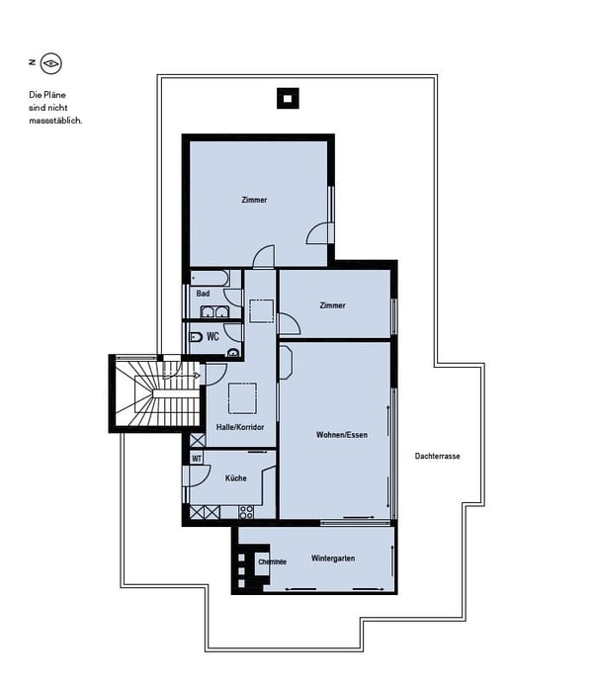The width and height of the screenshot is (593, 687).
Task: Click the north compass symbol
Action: (51, 64)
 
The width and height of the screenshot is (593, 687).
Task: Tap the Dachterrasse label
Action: (437, 456)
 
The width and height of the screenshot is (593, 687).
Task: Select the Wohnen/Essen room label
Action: (342, 435)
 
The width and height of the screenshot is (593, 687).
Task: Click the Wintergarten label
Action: (333, 558)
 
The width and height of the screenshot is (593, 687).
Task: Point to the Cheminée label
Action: (272, 561)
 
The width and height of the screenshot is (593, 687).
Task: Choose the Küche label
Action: (235, 478)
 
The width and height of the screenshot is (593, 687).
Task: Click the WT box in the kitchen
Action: (197, 459)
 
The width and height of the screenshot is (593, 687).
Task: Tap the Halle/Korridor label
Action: (240, 427)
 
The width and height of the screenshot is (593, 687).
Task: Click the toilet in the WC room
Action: (196, 337)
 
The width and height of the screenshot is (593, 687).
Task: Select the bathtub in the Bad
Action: (210, 278)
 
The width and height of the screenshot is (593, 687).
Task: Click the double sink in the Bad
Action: (214, 311)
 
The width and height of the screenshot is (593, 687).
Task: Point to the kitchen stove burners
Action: (246, 512)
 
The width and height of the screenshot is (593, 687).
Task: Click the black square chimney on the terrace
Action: (288, 99)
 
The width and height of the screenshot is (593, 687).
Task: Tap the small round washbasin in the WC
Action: (234, 352)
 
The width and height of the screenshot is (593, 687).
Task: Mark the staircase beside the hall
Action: (157, 393)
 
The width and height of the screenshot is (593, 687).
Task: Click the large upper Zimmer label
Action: (254, 200)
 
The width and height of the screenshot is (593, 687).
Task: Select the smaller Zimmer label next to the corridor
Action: (332, 305)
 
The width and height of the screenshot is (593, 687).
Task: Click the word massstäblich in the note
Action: (55, 121)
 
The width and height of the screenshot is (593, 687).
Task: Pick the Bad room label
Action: (203, 294)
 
